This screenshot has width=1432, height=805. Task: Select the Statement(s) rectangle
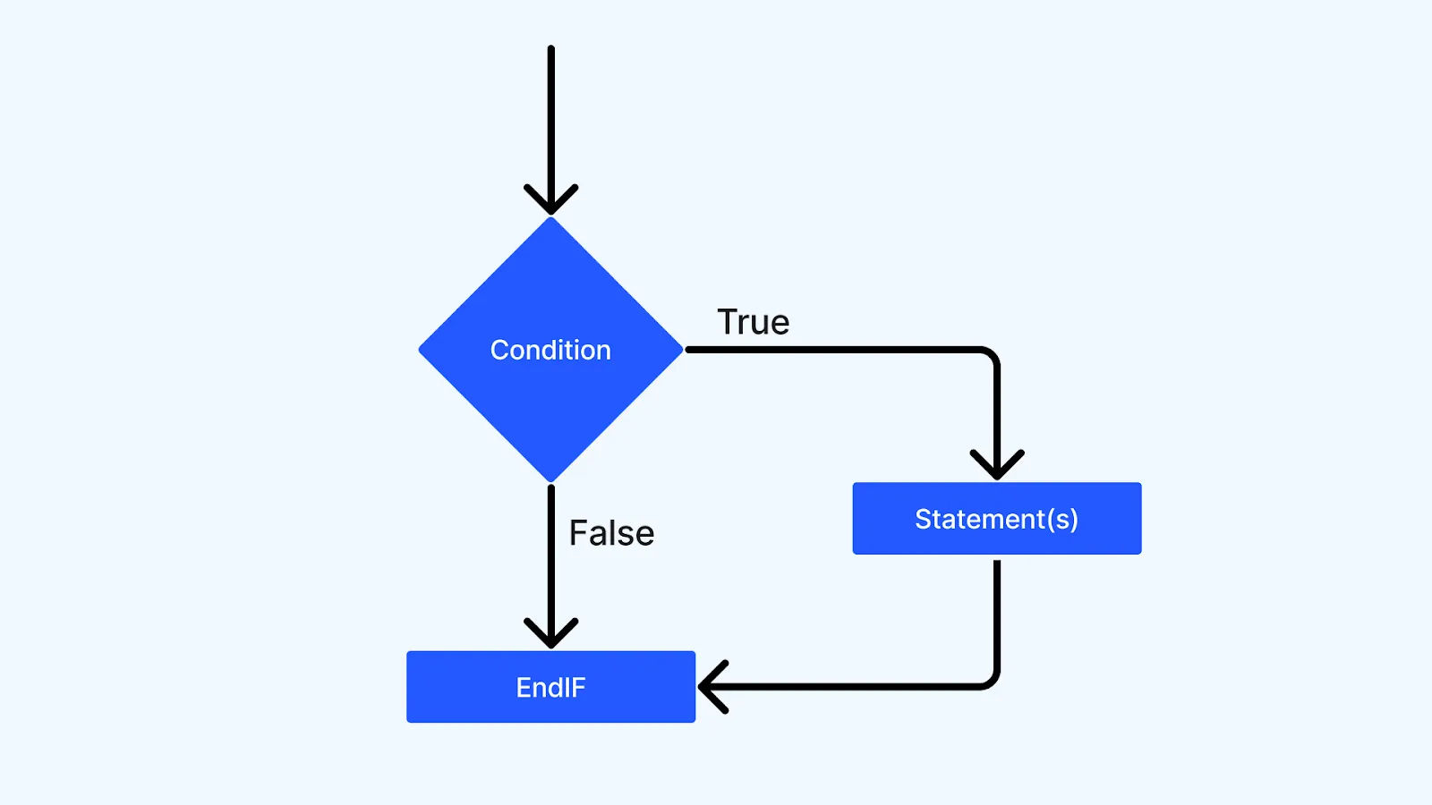tap(996, 519)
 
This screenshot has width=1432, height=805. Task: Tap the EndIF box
tap(550, 687)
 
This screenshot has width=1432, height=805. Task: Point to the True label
tap(754, 322)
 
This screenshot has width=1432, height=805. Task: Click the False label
tap(612, 533)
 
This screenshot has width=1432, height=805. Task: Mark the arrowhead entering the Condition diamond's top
tap(551, 204)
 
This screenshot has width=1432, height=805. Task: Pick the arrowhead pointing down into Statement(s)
tap(997, 469)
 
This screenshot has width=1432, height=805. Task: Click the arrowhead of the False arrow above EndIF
tap(551, 637)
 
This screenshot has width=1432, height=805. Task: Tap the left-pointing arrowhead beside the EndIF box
tap(709, 687)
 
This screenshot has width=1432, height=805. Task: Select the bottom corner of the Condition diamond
tap(551, 480)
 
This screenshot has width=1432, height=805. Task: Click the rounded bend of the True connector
tap(991, 355)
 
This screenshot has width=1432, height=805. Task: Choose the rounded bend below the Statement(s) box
tap(991, 682)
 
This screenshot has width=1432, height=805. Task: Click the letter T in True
tap(728, 322)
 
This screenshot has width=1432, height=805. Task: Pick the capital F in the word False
tap(579, 533)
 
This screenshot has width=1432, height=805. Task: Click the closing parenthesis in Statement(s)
tap(1073, 520)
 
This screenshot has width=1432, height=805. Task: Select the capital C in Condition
tap(499, 350)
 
